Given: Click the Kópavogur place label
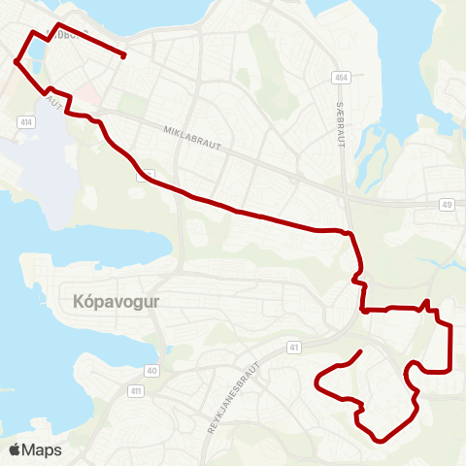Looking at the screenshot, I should (x=116, y=301).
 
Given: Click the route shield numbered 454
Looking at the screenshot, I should (x=341, y=77).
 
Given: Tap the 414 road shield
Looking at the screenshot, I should (x=25, y=122).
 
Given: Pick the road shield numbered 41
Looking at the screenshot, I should (x=293, y=346).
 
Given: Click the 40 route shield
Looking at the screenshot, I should (x=151, y=370).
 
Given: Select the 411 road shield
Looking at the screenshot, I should (x=135, y=390).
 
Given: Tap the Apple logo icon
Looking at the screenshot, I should (x=15, y=449).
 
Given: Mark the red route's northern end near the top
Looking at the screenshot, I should (x=123, y=55).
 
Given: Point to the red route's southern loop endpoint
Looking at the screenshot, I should (x=361, y=350).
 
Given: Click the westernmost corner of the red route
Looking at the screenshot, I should (x=16, y=61).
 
